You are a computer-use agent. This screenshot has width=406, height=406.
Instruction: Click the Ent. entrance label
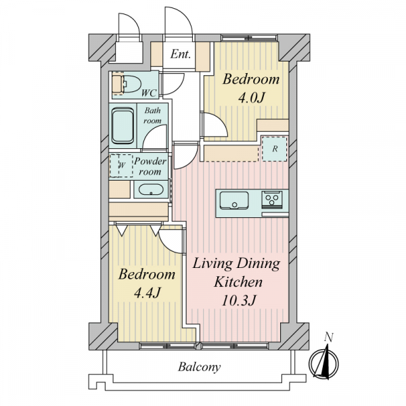pos(181,54)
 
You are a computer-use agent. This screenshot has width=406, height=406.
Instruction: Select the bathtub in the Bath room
pos(122,126)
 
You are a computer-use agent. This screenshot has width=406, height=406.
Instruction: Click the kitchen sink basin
pos(234,200)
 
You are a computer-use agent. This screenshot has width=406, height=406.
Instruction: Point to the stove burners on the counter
pos(271,199)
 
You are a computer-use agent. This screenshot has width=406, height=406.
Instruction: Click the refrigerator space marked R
pos(275,149)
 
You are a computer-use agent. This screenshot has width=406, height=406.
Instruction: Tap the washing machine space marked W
pos(121,166)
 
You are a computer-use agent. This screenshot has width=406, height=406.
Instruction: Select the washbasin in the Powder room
pos(151,189)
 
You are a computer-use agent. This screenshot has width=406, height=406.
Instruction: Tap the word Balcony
pos(199,367)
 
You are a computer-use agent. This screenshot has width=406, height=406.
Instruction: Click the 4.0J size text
pos(252,98)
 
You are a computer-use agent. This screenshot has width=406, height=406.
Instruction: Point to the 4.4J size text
pos(147,293)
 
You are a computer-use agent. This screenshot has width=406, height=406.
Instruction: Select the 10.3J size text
pos(239,300)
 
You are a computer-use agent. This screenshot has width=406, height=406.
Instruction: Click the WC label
pos(149,93)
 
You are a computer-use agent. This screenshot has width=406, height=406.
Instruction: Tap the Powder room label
pos(150,166)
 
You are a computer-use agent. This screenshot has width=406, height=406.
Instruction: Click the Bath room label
pos(152,116)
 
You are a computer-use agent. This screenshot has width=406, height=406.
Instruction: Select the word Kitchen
pos(238,282)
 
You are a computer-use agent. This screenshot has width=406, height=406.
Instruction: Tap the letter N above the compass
pos(329,338)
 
